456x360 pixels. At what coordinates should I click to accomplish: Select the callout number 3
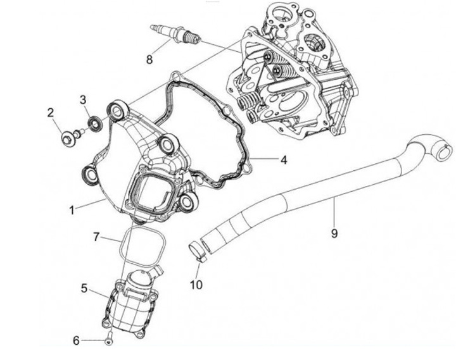(x=82, y=99)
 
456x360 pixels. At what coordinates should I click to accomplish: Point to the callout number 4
(x=284, y=160)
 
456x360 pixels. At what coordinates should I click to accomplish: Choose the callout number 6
(x=77, y=341)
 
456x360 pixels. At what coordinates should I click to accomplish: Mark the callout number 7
(x=96, y=238)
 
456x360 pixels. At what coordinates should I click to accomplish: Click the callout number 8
(x=149, y=59)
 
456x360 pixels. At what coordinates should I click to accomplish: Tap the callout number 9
(x=334, y=232)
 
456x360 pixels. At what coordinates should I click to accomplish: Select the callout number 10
(x=196, y=284)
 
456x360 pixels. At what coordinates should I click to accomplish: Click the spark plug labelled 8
(x=174, y=35)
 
